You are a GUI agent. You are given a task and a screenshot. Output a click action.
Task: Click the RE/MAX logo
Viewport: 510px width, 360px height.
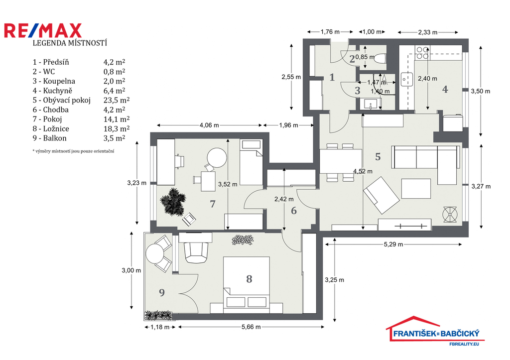click(x=43, y=30)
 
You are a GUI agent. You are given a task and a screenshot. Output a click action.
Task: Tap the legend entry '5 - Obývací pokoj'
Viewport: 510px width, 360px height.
click(x=61, y=100)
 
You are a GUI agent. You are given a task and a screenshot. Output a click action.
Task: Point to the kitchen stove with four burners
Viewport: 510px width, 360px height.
click(x=422, y=53)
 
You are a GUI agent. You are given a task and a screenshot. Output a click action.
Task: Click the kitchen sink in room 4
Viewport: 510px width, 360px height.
click(x=406, y=79)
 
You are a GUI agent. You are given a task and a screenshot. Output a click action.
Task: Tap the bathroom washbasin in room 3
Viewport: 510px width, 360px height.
click(x=370, y=105)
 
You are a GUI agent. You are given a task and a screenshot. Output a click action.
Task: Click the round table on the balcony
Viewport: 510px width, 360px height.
click(x=155, y=253)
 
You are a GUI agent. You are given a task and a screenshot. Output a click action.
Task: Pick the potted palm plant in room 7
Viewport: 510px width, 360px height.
click(x=173, y=202)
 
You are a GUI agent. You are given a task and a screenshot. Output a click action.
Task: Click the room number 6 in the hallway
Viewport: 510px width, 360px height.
click(x=294, y=211)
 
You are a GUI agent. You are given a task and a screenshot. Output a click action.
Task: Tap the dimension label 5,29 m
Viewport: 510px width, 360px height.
click(x=393, y=244)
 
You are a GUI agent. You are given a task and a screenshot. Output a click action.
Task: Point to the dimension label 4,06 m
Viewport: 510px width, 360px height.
click(x=209, y=125)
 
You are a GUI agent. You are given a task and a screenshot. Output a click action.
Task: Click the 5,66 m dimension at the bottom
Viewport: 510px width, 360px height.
click(x=251, y=327)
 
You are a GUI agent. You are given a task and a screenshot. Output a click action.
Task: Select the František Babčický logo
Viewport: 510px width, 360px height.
click(x=435, y=331)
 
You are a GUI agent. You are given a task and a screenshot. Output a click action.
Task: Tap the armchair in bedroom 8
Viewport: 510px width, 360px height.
click(x=196, y=252)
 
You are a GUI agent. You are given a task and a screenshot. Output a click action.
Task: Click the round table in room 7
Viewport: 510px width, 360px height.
click(x=217, y=158)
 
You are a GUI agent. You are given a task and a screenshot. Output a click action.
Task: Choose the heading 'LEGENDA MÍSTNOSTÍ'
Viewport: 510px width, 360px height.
click(x=70, y=43)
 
